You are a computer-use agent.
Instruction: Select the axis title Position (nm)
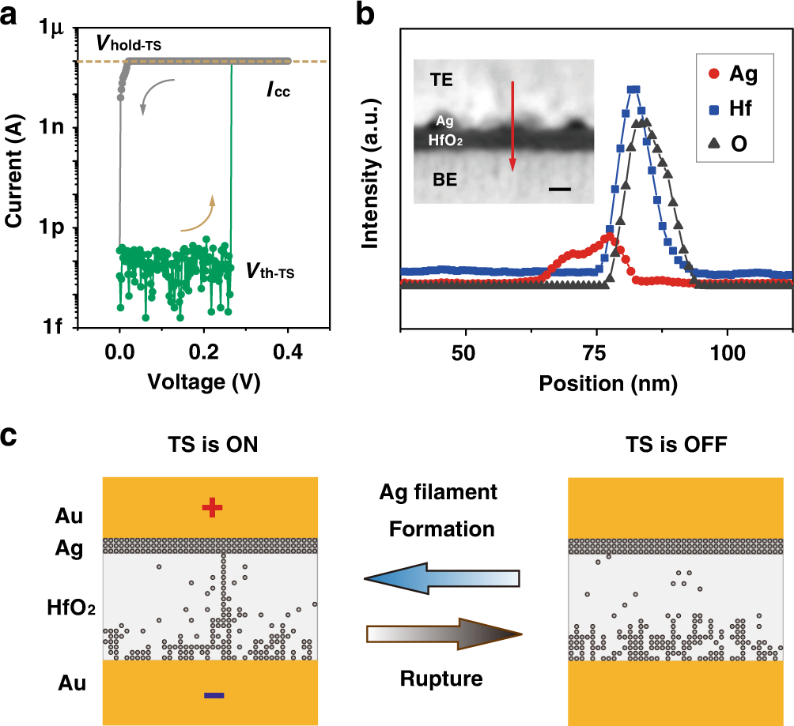click(x=596, y=385)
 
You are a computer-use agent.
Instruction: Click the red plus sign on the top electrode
click(x=210, y=509)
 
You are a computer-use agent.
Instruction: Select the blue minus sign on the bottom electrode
click(x=214, y=696)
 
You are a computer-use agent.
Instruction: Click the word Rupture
click(x=441, y=679)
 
